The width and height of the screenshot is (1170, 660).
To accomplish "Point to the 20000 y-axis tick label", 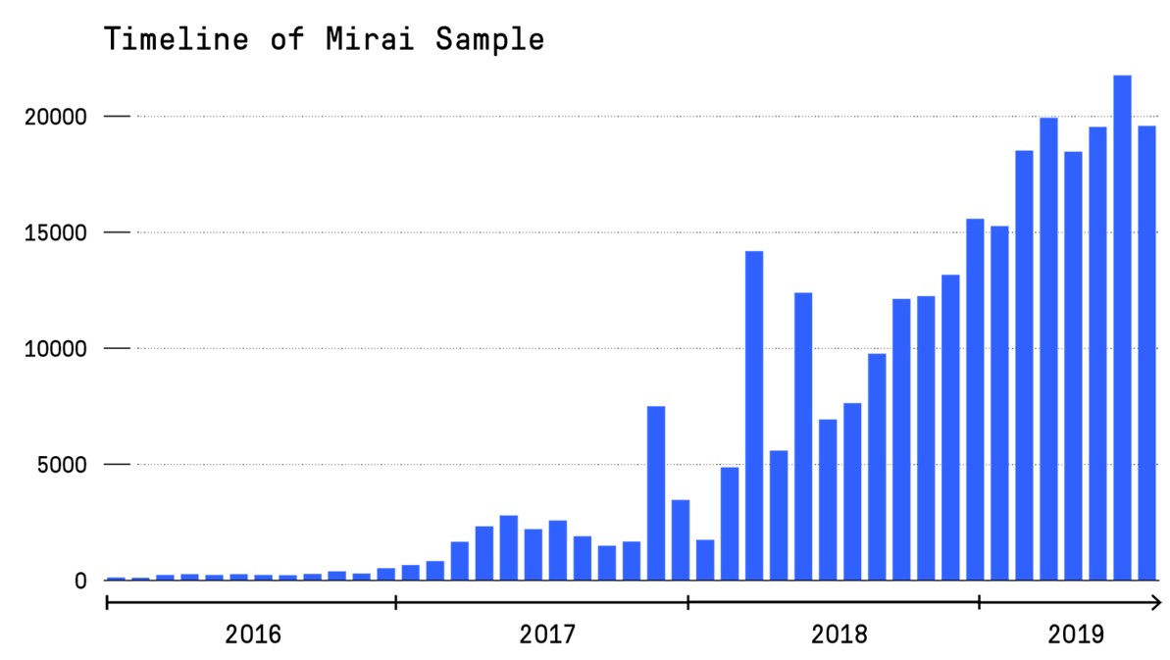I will [x=57, y=117].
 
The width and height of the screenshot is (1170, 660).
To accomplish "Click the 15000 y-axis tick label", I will [x=57, y=232].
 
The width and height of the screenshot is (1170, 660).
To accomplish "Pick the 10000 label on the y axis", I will [x=57, y=348].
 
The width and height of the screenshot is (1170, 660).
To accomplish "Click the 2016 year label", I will [x=252, y=635].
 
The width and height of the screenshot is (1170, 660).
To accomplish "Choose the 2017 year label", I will [x=546, y=635].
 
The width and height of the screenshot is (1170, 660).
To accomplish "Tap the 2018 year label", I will [x=839, y=635].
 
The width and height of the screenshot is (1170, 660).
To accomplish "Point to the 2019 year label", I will [x=1076, y=635].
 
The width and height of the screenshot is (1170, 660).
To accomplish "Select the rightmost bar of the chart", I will [x=1146, y=353].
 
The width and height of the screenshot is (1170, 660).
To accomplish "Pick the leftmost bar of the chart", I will [x=116, y=579].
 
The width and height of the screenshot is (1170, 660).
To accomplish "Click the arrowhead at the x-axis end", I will [x=1156, y=601].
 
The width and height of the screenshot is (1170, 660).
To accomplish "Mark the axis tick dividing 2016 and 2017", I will [x=396, y=601].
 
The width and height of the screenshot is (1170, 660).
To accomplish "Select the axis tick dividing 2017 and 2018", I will [x=688, y=601].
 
